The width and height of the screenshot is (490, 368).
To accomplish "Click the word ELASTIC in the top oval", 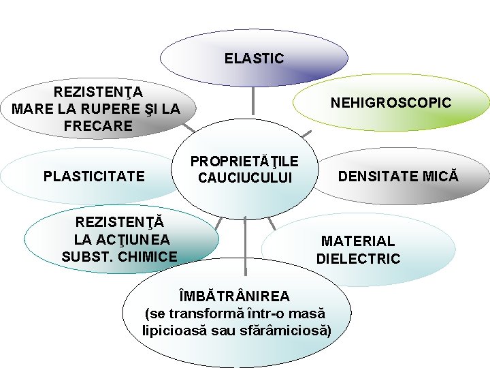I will click(x=254, y=59).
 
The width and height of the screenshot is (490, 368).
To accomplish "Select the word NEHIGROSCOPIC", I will click(x=391, y=103).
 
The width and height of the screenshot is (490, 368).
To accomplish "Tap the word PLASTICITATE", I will click(x=94, y=177).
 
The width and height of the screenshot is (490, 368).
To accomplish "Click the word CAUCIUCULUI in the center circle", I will click(x=244, y=178).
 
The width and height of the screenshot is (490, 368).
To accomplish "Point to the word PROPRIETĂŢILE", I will click(x=244, y=162).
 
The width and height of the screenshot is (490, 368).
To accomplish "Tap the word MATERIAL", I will click(x=357, y=241).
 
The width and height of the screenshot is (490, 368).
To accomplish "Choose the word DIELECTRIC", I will click(x=358, y=259).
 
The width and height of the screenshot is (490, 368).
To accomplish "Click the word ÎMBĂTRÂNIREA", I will click(x=233, y=296).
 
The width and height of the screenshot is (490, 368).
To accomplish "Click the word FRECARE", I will click(x=97, y=126).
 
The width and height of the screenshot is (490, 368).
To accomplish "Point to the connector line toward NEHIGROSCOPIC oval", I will click(x=306, y=132).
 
